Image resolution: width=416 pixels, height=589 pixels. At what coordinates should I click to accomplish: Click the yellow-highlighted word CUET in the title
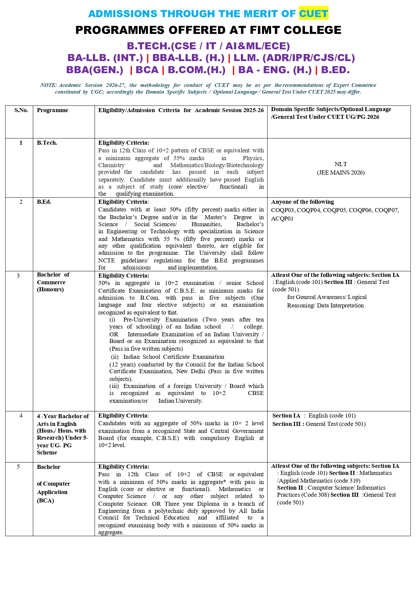point(313,14)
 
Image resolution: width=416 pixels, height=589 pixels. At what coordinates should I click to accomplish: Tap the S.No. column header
point(21,110)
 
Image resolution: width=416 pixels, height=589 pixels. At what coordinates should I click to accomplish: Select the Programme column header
point(52,110)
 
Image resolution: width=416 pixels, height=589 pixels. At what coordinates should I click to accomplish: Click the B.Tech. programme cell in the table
point(47,143)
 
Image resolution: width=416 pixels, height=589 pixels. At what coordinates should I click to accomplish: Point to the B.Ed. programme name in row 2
point(44,202)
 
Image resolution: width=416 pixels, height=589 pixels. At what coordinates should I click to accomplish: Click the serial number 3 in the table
point(18,276)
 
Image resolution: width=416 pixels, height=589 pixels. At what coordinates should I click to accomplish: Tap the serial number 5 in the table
point(18,467)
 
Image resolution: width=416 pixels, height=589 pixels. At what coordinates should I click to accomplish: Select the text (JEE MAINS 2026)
point(341,173)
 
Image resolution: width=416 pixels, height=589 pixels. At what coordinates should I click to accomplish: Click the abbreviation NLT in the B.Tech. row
point(341,164)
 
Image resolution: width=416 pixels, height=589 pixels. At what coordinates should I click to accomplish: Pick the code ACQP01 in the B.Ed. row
point(282,218)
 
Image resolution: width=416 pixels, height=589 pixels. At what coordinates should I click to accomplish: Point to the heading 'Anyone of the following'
point(302,202)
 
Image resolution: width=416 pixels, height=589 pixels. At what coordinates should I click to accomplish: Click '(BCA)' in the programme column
point(46,500)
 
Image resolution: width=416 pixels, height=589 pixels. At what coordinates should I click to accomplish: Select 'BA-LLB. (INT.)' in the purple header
point(105,58)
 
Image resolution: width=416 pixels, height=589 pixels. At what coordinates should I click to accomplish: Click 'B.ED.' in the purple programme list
point(335,70)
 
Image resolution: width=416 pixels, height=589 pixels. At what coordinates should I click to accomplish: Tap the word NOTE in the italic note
point(48,85)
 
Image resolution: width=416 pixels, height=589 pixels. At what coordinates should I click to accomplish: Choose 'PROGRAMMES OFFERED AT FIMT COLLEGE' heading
point(208,30)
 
